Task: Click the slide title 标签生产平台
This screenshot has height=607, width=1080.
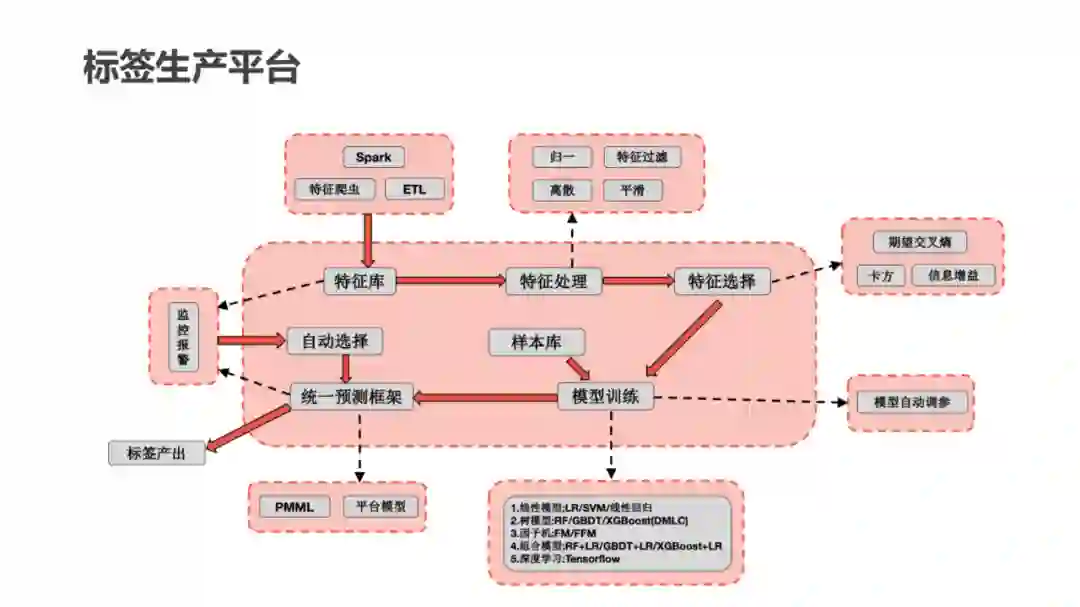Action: tap(191, 67)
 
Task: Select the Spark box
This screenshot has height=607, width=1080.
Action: tap(373, 157)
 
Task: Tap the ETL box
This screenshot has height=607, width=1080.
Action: tap(413, 189)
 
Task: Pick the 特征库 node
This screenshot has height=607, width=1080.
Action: tap(359, 281)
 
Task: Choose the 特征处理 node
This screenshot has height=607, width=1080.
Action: tap(553, 281)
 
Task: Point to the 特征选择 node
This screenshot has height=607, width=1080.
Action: tap(722, 281)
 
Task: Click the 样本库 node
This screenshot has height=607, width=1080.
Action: tap(536, 342)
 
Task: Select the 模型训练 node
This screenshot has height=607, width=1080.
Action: tap(606, 397)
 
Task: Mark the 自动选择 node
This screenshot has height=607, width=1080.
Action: tap(334, 341)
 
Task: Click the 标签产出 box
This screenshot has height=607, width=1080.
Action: tap(155, 453)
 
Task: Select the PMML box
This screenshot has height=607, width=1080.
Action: tap(294, 507)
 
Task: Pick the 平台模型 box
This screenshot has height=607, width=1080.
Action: tap(381, 507)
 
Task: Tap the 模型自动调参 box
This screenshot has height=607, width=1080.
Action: tap(910, 402)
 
